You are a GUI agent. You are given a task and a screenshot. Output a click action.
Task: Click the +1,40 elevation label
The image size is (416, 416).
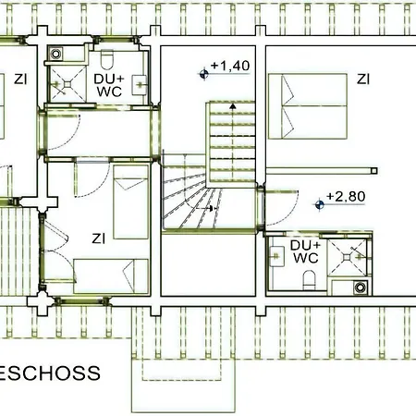pos(230,66)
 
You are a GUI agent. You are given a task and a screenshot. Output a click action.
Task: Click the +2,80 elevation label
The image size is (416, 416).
pos(346,197)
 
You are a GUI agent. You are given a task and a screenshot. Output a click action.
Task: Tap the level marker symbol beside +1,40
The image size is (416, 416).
pos(203,74)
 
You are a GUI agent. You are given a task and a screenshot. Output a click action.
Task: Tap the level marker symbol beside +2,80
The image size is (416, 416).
pos(320,204)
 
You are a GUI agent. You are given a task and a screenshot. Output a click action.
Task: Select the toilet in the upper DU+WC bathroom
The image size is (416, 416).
pos(107,60)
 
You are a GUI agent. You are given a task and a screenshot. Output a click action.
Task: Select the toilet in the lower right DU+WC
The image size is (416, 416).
pos(309,280)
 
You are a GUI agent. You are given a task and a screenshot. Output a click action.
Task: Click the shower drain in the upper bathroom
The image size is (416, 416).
pos(67,84)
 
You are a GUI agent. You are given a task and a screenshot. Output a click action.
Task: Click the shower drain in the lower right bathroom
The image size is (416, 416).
pos(348,257)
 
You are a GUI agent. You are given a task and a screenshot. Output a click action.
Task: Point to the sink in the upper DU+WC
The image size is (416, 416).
pos(139,85)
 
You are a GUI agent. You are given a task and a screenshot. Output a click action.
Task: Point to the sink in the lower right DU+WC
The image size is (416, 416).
pos(277,256)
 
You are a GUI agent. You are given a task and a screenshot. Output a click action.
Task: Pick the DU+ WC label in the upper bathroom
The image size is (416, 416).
pos(109,85)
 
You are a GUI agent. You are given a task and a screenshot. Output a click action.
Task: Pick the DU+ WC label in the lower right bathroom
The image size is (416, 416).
pos(306,251)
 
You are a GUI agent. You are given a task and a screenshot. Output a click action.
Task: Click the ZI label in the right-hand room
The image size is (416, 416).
pos(363,80)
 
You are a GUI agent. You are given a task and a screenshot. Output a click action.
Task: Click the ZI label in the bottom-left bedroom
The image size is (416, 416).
pos(99,239)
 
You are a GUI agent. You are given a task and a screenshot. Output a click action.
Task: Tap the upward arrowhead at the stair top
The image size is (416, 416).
pos(233,106)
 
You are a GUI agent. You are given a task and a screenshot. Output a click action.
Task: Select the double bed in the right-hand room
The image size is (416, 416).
pos(308,106)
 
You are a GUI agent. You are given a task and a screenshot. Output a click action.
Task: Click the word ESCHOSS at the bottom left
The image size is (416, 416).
pos(50,373)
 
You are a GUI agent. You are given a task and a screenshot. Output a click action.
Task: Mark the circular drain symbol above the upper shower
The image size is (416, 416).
pos(55,54)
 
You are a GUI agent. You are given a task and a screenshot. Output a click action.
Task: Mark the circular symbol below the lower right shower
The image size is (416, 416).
pos(360,288)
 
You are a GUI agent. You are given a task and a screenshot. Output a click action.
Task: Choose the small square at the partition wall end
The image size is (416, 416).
pos(374,171)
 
